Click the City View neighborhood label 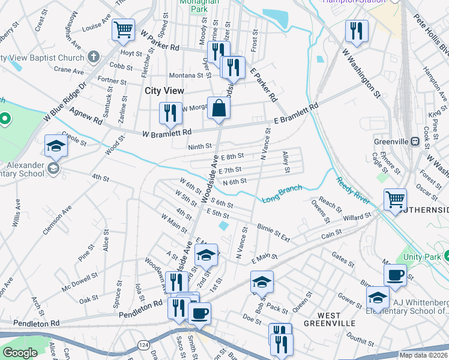[165, 90]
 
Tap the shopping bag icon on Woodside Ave [219, 109]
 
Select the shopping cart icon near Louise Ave [123, 29]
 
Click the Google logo [20, 353]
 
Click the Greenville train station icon [414, 141]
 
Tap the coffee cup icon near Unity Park [395, 275]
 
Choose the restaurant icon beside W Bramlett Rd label [170, 113]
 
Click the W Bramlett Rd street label [167, 132]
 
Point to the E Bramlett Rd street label [296, 115]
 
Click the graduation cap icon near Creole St [56, 146]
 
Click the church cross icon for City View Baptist [93, 57]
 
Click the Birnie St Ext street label [274, 233]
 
